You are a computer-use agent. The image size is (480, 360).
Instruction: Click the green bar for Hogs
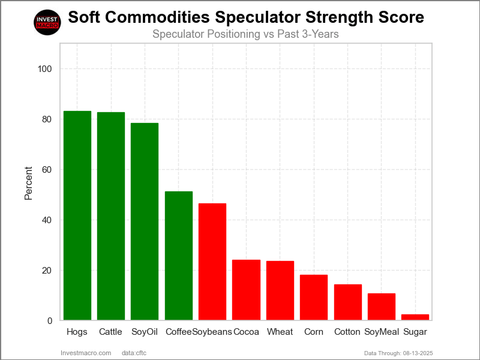(77, 215)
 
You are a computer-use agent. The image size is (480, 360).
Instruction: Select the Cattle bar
(111, 216)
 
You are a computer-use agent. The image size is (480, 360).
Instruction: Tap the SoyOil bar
(145, 221)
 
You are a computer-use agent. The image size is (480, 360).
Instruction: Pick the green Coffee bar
(179, 256)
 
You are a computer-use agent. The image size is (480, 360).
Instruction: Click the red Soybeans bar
(212, 262)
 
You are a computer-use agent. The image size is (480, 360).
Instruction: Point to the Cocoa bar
(246, 290)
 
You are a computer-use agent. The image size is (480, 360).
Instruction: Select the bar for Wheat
(280, 290)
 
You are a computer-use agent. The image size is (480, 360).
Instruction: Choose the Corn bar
(314, 297)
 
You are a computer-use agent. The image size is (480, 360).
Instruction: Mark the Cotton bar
(348, 302)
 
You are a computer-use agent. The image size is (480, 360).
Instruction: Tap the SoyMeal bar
(382, 307)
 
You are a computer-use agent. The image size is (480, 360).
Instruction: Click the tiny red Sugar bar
(415, 317)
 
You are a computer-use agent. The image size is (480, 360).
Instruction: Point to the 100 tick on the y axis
(44, 69)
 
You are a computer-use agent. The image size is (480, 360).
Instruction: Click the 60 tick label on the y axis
(47, 170)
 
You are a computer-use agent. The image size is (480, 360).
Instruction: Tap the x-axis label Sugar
(415, 332)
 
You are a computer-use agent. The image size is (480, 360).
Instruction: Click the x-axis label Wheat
(280, 332)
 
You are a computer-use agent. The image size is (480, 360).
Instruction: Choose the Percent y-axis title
(28, 182)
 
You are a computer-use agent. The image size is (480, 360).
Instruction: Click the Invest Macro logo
(47, 22)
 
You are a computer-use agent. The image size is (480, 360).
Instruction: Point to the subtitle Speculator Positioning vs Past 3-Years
(245, 34)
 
